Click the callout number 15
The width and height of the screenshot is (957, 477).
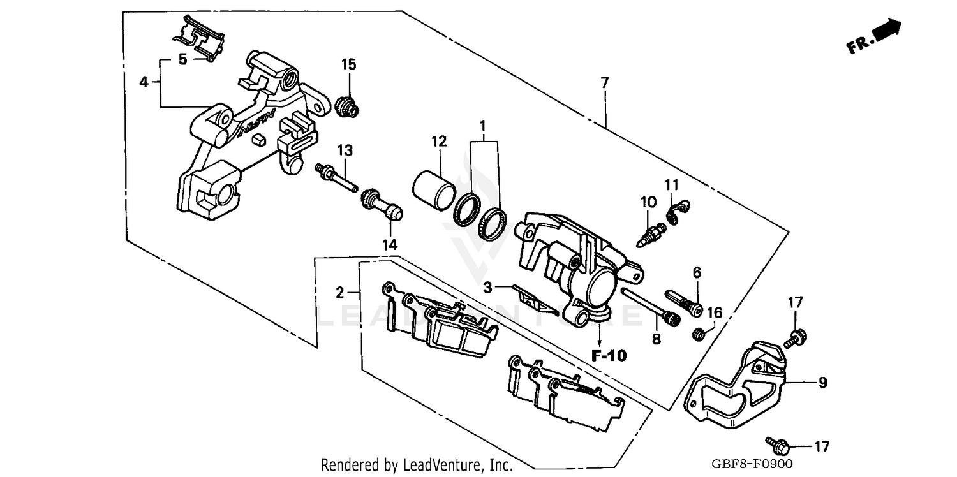348,64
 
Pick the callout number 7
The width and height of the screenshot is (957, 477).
604,82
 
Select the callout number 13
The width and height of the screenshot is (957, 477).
345,150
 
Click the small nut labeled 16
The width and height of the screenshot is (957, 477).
699,333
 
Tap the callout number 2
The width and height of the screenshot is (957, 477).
340,293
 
